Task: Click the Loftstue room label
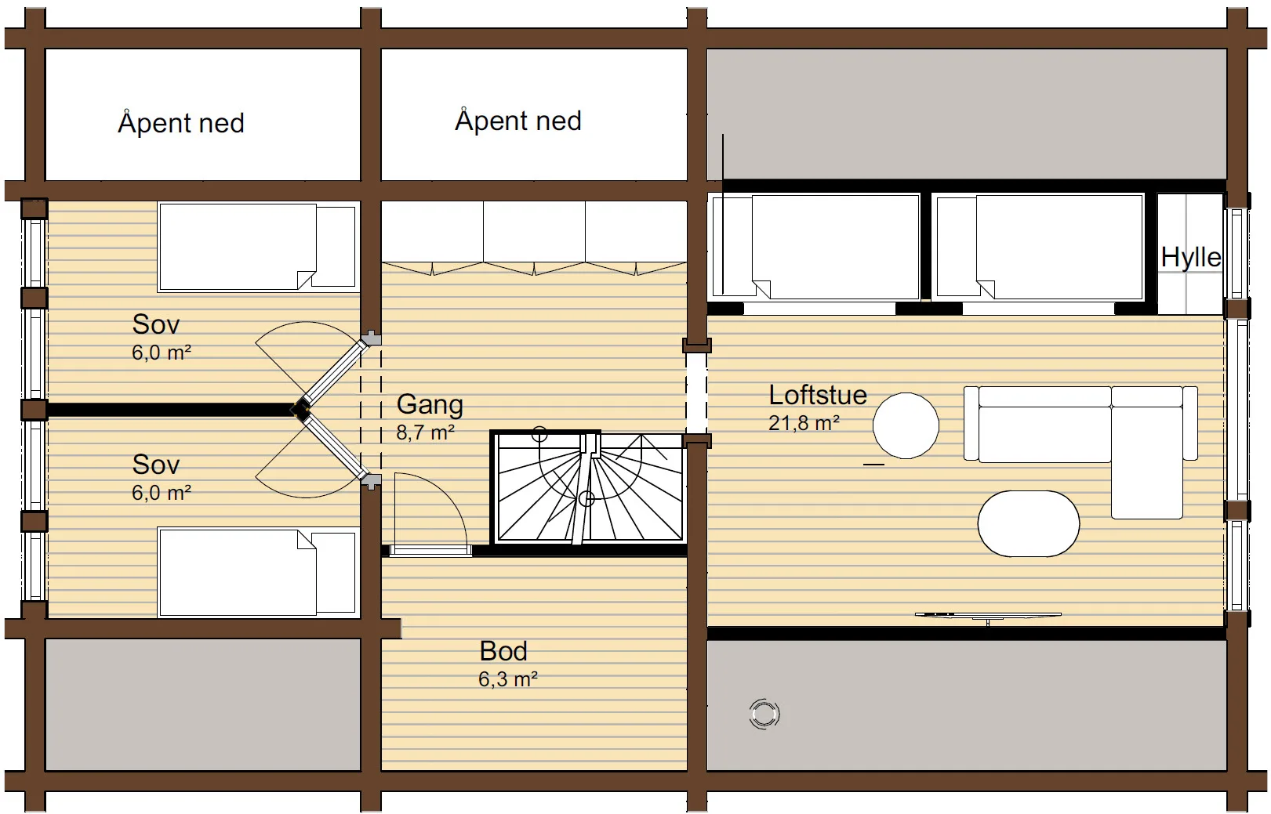coord(818,395)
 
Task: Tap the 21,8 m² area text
coord(804,423)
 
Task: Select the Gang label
coord(430,405)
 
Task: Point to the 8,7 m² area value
coord(426,432)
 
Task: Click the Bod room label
coord(503,651)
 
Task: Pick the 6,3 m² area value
coord(508,679)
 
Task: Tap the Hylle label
coord(1190,258)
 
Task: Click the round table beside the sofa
coord(906,425)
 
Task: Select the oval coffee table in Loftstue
coord(1028,523)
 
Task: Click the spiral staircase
coord(588,487)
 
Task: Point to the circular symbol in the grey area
coord(764,714)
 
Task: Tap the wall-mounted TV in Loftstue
coord(988,616)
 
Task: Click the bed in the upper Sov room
coord(258,247)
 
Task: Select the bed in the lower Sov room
coord(258,572)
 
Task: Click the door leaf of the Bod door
coord(430,550)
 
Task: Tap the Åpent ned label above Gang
coord(518,121)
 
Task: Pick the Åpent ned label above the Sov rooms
coord(181,123)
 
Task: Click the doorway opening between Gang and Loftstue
coord(696,393)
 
